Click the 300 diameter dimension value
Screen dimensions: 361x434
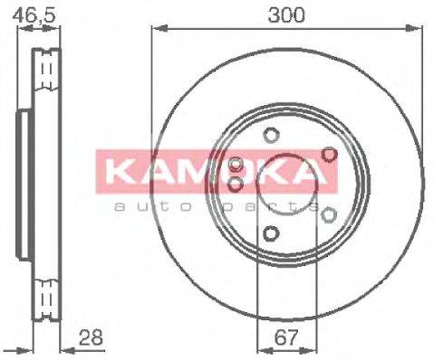coord(287,14)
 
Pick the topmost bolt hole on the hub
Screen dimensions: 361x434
coord(270,137)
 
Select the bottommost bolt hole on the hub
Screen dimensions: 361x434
coord(270,233)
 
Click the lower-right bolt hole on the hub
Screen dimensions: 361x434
coord(329,214)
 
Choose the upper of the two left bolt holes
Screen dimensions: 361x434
coord(236,166)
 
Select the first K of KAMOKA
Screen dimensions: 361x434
coord(115,171)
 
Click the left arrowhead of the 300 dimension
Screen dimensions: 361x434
coord(155,28)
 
